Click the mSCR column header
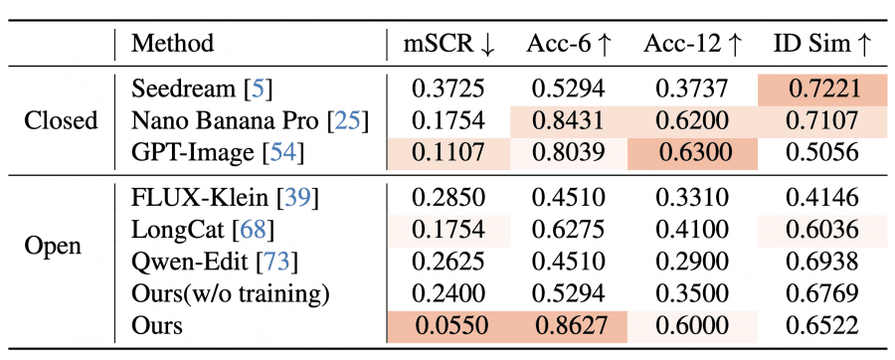(447, 44)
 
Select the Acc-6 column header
(569, 44)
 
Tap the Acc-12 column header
(693, 44)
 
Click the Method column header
(172, 44)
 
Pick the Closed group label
(62, 121)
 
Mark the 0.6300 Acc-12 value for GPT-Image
(693, 153)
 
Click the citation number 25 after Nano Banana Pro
(349, 121)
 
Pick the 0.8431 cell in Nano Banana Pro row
(569, 121)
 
